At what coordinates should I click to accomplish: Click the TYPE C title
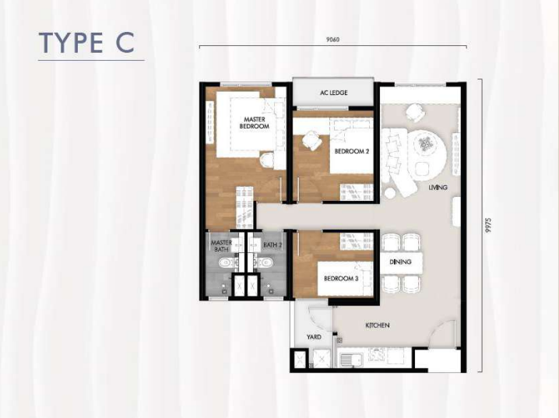[x=86, y=43]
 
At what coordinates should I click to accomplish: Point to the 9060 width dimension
[x=332, y=40]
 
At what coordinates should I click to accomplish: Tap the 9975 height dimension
[x=488, y=226]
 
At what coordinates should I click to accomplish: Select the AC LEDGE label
[x=333, y=93]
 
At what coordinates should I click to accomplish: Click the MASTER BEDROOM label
[x=254, y=123]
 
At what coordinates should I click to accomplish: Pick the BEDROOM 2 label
[x=351, y=152]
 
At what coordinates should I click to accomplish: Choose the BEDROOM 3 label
[x=341, y=279]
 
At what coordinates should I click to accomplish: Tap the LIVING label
[x=438, y=188]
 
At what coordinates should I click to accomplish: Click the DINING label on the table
[x=400, y=262]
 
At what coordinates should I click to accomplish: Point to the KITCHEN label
[x=377, y=325]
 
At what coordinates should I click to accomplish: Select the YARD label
[x=314, y=337]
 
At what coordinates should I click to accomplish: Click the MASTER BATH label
[x=221, y=246]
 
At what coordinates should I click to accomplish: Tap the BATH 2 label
[x=272, y=245]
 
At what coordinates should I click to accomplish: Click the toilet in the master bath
[x=227, y=263]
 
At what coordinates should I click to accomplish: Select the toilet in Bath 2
[x=264, y=263]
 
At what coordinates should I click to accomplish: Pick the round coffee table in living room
[x=425, y=143]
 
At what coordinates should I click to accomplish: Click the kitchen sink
[x=351, y=359]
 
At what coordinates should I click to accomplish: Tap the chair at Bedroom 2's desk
[x=311, y=140]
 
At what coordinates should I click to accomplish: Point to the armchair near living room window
[x=415, y=112]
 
